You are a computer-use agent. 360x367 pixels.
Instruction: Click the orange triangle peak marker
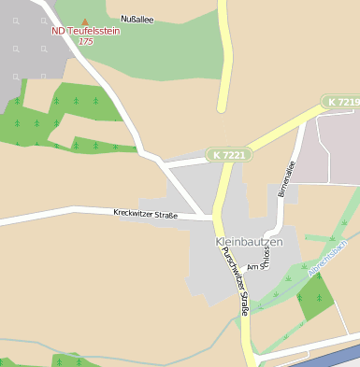click(85, 21)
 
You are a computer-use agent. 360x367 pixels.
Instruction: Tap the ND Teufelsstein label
click(85, 31)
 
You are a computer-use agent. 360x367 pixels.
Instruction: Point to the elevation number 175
click(85, 41)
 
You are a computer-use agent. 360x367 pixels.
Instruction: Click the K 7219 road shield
click(342, 101)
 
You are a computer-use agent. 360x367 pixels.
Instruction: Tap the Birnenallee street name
click(285, 178)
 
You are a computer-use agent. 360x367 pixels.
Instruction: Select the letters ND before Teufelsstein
click(58, 31)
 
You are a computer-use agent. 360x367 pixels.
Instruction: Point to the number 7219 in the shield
click(347, 101)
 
